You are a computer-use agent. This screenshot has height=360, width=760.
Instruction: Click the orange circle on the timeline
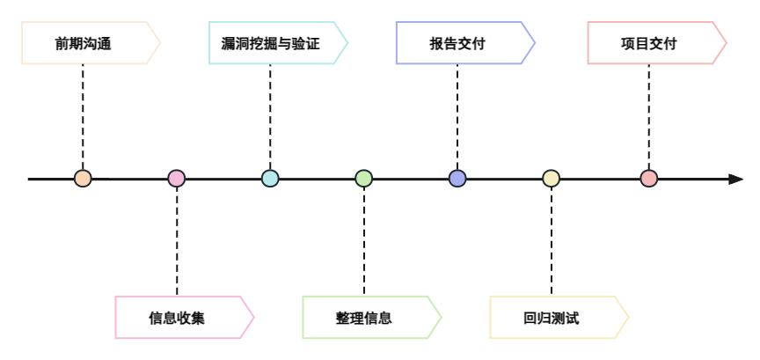[83, 179]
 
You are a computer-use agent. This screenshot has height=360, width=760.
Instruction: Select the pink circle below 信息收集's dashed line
[177, 179]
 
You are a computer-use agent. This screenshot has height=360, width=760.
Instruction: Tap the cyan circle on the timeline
[270, 179]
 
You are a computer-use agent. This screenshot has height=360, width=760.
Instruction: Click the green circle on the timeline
[364, 179]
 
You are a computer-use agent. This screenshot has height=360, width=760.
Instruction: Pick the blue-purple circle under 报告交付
[457, 179]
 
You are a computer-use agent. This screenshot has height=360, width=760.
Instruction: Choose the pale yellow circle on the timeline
[552, 179]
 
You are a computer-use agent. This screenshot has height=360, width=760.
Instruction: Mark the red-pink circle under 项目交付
[649, 179]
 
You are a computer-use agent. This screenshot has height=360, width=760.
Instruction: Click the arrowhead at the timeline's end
[735, 180]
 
